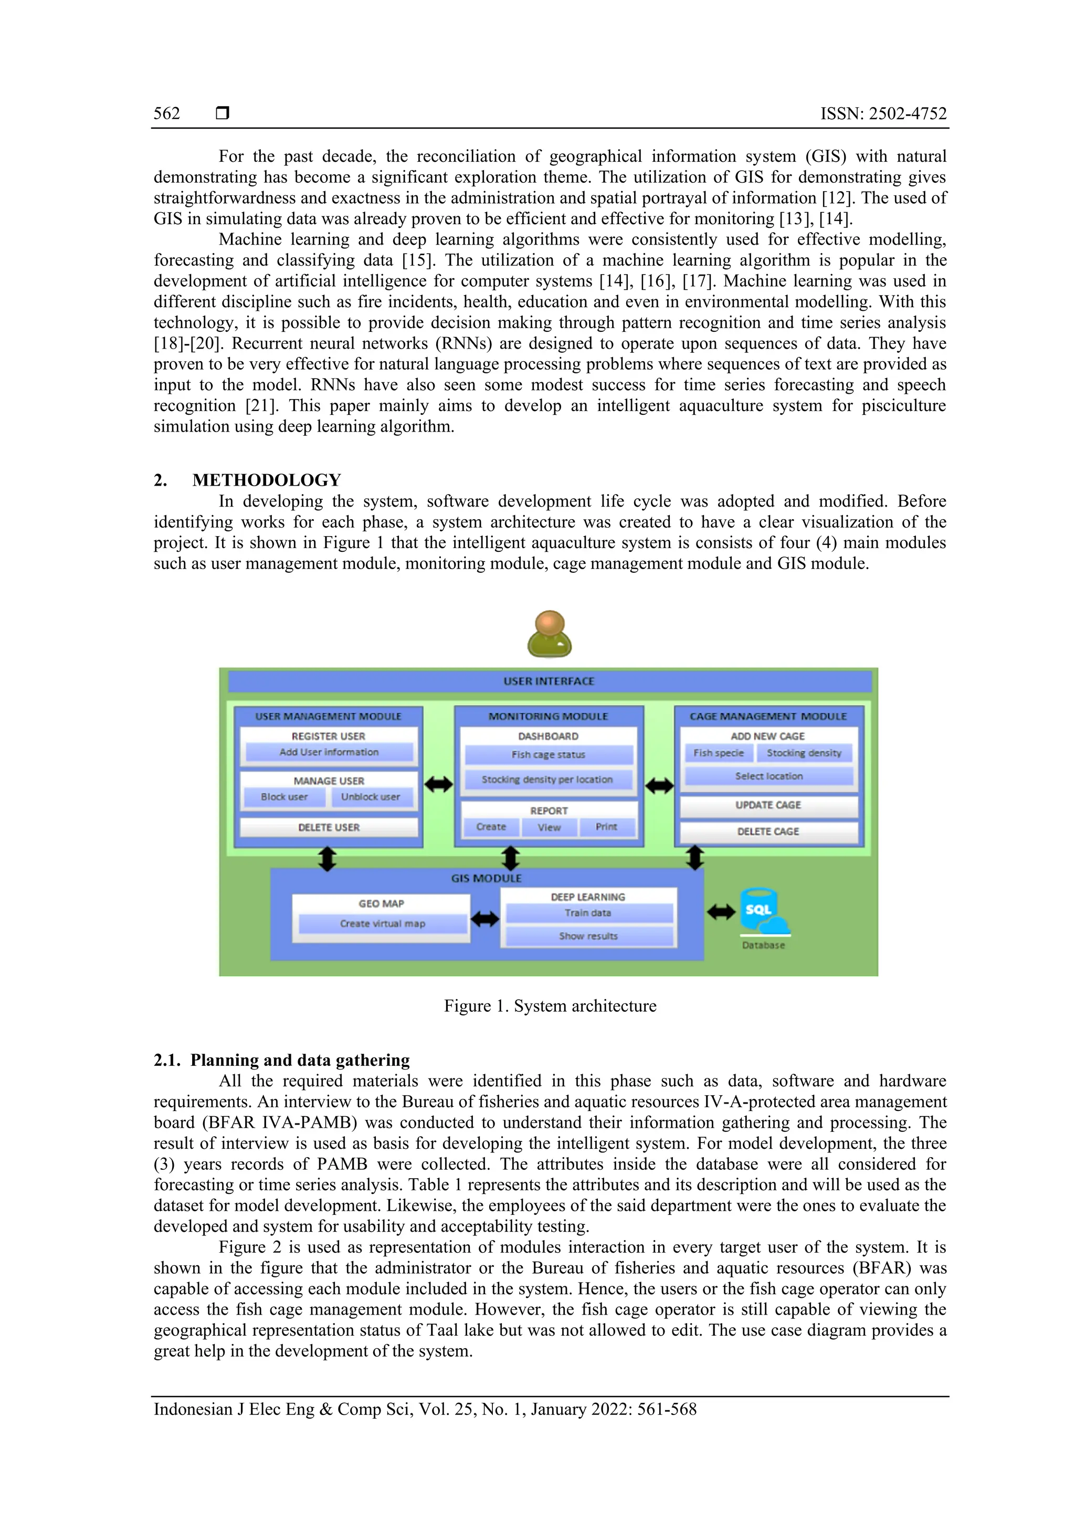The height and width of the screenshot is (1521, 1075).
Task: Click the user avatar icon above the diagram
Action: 549,634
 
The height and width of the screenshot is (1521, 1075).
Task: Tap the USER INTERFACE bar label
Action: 549,681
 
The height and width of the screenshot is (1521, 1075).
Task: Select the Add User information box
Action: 329,752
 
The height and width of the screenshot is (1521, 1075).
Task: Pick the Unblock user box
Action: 371,797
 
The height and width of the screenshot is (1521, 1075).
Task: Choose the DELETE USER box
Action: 329,827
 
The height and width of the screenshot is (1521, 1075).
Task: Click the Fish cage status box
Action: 549,754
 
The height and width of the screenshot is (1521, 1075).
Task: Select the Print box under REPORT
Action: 606,827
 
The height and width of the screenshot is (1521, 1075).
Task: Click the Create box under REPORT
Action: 491,827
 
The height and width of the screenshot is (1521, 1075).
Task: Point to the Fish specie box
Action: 718,753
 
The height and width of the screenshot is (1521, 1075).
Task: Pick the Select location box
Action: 768,776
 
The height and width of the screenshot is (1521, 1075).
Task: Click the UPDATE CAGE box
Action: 768,805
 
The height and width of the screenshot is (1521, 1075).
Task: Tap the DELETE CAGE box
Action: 768,832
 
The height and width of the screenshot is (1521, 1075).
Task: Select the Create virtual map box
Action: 382,924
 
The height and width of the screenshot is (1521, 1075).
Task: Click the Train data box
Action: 588,913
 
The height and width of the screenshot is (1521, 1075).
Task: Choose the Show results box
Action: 588,936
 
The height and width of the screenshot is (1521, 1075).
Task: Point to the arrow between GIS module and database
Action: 721,912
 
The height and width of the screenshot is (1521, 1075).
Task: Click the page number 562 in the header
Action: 167,114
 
